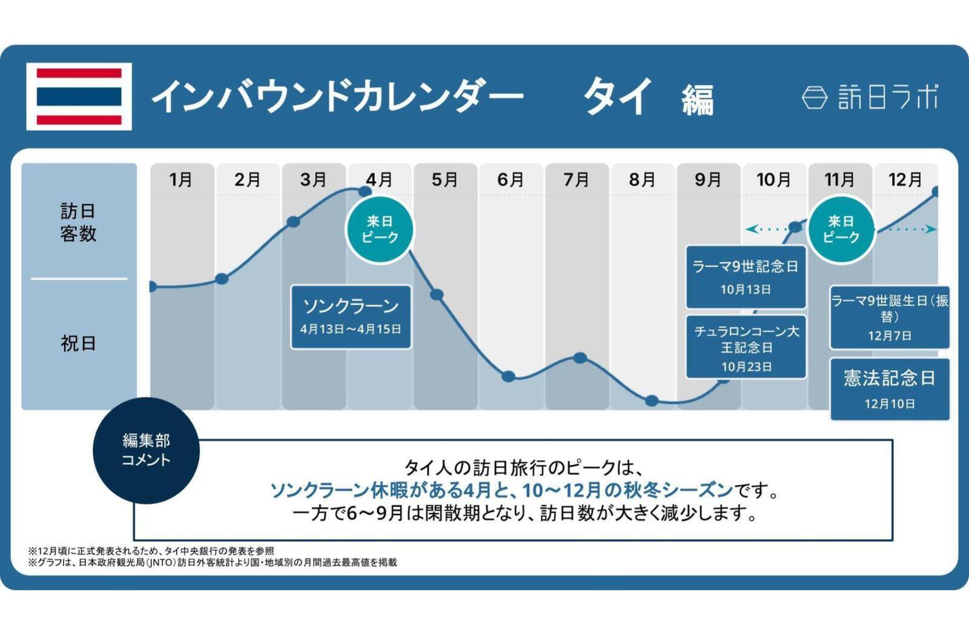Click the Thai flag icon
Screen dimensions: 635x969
point(79,96)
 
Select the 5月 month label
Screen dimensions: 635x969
point(445,179)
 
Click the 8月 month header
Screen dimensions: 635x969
point(642,179)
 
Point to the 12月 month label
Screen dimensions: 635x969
point(905,179)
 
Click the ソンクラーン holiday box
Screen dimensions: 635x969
point(351,316)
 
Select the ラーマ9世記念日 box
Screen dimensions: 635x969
point(746,276)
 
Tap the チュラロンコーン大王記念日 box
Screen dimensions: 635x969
point(746,347)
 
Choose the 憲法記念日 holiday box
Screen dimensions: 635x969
point(889,388)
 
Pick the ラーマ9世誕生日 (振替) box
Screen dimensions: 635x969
point(889,317)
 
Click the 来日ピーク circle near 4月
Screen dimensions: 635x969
point(380,230)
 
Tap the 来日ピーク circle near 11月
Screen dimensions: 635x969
point(841,230)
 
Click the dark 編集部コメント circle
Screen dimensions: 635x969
point(146,450)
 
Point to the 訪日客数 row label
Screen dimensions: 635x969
point(78,222)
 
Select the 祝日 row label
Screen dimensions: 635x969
point(78,344)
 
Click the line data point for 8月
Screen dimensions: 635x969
point(652,401)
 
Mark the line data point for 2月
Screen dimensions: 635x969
point(222,279)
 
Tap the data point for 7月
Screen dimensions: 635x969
point(580,357)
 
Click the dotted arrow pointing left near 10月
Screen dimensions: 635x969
point(764,229)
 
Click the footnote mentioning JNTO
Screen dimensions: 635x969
point(212,562)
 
